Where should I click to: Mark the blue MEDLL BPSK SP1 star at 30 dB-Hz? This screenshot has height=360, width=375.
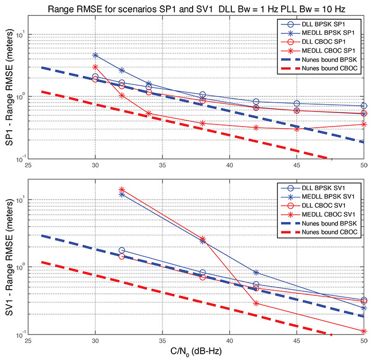click(95, 55)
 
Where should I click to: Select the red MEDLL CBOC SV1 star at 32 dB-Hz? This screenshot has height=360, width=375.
click(122, 190)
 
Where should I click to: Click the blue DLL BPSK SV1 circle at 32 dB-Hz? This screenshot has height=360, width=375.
click(122, 251)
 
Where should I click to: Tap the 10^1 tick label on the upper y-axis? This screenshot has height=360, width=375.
click(20, 34)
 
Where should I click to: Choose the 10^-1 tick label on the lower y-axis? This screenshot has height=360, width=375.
click(20, 334)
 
